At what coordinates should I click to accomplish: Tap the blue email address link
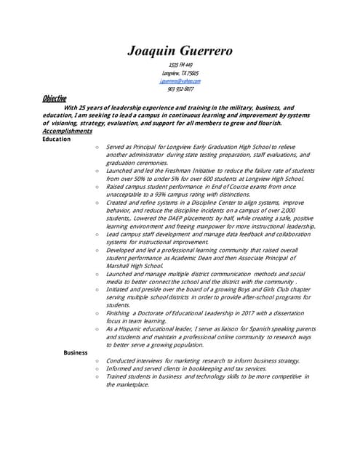[180, 81]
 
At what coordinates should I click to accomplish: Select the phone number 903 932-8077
[180, 89]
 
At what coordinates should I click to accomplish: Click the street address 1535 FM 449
[180, 65]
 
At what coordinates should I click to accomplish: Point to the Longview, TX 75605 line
[180, 73]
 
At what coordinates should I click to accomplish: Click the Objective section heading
[54, 98]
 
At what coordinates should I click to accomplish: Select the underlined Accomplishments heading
[67, 131]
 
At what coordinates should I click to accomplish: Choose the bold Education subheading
[57, 139]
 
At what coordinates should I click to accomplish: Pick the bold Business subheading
[76, 352]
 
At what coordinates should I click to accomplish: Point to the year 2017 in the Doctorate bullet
[245, 312]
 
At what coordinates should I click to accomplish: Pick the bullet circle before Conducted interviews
[96, 360]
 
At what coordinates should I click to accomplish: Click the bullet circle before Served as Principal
[96, 147]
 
